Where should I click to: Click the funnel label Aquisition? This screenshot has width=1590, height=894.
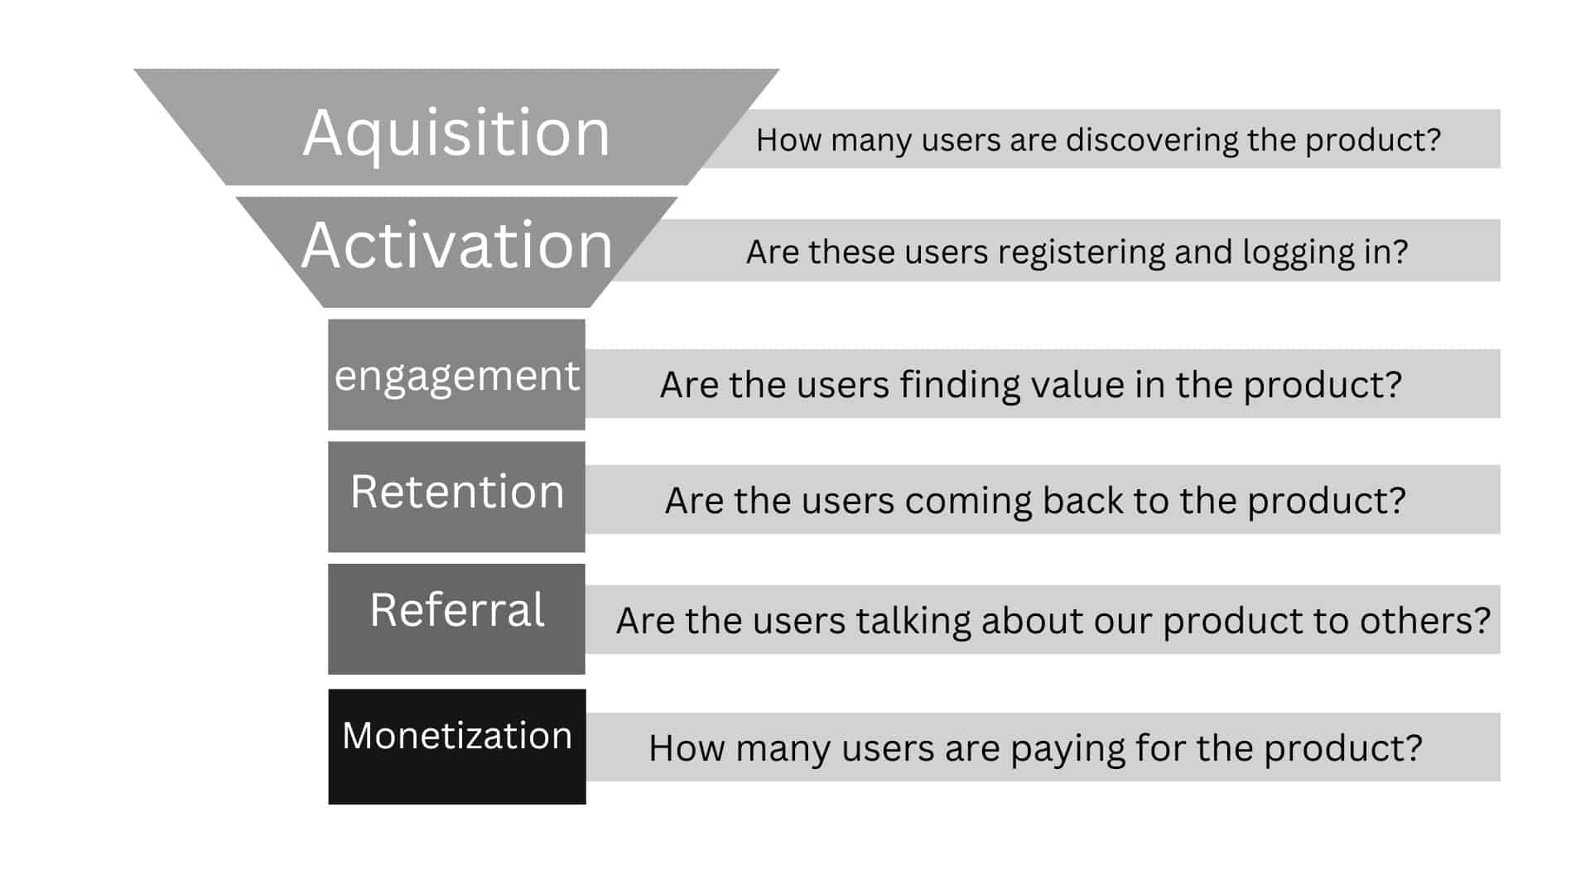click(456, 133)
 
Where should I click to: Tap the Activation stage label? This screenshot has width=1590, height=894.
click(456, 246)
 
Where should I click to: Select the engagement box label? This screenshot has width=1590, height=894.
click(456, 376)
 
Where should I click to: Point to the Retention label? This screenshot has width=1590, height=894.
click(457, 492)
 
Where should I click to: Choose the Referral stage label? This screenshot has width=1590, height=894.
click(457, 610)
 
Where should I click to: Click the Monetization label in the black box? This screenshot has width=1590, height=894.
click(457, 735)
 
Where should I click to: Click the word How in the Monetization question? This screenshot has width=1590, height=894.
click(687, 748)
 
